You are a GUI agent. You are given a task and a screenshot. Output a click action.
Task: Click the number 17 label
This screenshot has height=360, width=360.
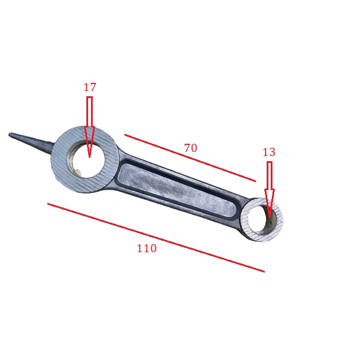[x=89, y=88]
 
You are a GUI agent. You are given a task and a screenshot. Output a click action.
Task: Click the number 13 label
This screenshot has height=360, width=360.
[x=268, y=152]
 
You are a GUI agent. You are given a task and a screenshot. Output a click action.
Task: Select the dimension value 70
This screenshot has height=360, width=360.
[x=191, y=148]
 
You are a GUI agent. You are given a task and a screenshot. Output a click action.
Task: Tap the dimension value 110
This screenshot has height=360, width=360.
[x=147, y=249]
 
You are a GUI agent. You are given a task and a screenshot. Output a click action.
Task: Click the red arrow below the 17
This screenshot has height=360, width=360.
[x=89, y=127]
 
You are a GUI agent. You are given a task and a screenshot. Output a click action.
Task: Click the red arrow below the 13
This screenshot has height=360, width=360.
[x=270, y=190]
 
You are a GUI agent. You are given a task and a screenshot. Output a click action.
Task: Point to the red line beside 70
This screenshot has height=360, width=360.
[x=190, y=158]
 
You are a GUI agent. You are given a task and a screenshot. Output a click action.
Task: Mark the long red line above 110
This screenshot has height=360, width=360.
[x=156, y=238]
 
